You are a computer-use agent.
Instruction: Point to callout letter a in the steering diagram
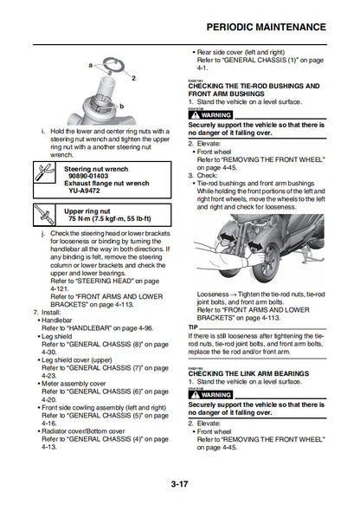[x=90, y=65]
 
